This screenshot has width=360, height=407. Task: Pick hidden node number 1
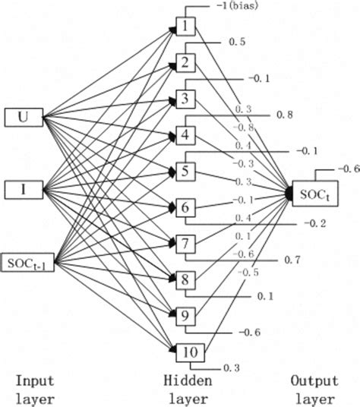(x=185, y=29)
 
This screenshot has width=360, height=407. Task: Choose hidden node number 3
(x=185, y=99)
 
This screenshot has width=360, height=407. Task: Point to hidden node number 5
(x=185, y=170)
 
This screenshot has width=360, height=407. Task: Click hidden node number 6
(x=185, y=207)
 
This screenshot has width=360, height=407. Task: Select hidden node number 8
(x=185, y=279)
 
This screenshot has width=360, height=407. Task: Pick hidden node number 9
(x=185, y=314)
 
